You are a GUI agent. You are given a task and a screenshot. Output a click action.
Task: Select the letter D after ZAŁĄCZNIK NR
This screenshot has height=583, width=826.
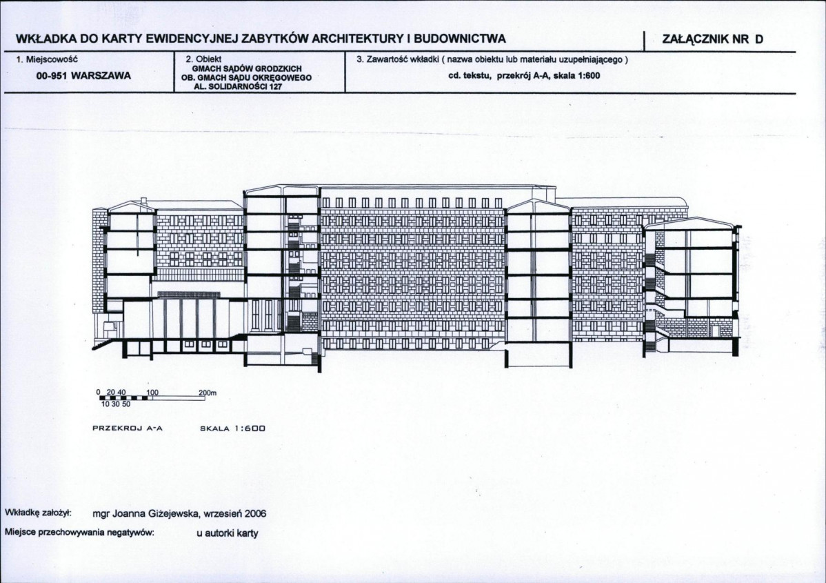pyautogui.click(x=758, y=39)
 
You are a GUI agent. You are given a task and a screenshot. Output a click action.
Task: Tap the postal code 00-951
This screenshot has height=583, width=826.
pyautogui.click(x=52, y=75)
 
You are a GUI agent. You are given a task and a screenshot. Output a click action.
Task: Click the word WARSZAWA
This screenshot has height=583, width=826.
pyautogui.click(x=101, y=75)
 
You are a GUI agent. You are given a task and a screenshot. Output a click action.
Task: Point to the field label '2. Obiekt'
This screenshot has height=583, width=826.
pyautogui.click(x=203, y=59)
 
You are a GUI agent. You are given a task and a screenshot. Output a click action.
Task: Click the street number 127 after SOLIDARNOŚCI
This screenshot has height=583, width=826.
pyautogui.click(x=275, y=86)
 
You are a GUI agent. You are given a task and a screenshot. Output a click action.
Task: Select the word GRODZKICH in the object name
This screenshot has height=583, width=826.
pyautogui.click(x=279, y=68)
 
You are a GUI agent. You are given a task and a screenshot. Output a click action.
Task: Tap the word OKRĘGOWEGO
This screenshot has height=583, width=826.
pyautogui.click(x=286, y=77)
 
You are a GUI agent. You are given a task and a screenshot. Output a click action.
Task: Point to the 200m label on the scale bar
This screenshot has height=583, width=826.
pyautogui.click(x=208, y=393)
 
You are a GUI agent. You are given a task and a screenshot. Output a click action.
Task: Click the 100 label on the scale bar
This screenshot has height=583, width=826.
pyautogui.click(x=152, y=393)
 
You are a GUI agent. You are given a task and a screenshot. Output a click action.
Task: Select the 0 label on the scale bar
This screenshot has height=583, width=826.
pyautogui.click(x=98, y=393)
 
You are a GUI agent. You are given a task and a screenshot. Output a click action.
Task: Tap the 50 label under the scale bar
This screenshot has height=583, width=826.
pyautogui.click(x=126, y=404)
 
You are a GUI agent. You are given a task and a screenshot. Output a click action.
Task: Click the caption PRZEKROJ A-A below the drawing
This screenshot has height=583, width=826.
pyautogui.click(x=128, y=428)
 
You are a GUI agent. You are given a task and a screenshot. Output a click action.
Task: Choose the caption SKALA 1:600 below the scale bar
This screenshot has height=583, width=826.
pyautogui.click(x=232, y=428)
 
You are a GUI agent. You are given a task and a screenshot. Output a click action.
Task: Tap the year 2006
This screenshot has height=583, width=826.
pyautogui.click(x=256, y=513)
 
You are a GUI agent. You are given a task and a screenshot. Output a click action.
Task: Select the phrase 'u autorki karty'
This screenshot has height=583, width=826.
pyautogui.click(x=228, y=533)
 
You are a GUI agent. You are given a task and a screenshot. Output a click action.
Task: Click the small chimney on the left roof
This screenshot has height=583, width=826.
pyautogui.click(x=143, y=201)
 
